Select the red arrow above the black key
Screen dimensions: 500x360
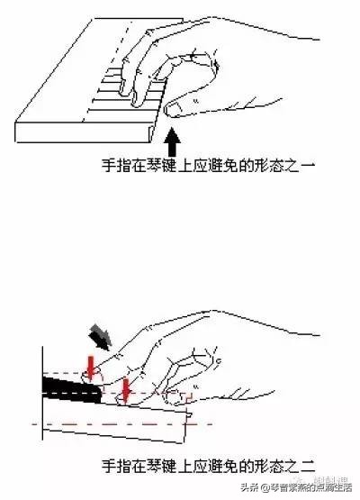coord(90,366)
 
